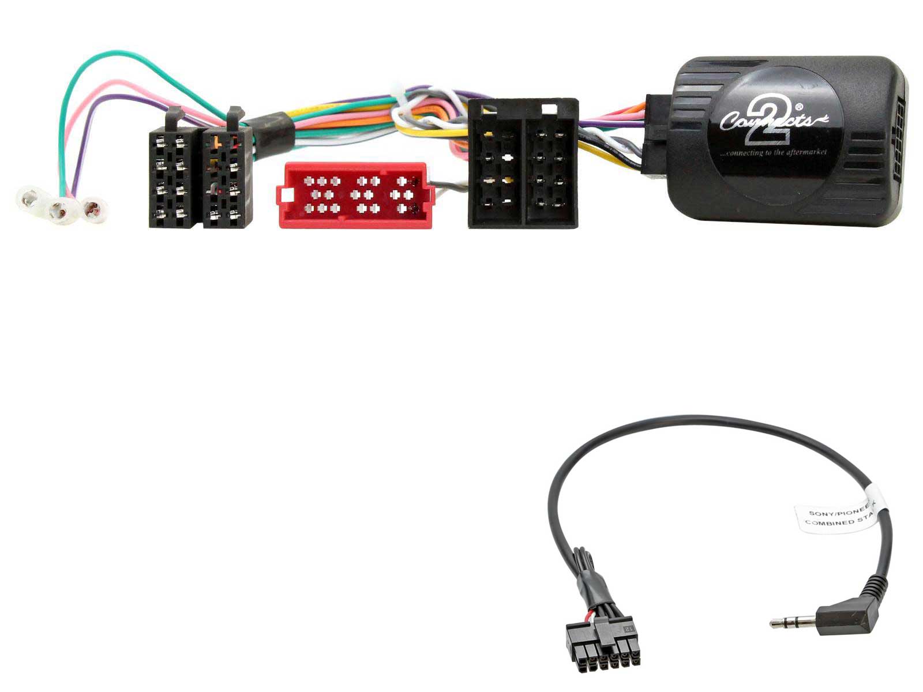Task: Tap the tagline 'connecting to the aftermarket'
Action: (x=774, y=153)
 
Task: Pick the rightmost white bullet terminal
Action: (x=94, y=209)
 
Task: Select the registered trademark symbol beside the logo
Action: (x=815, y=107)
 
